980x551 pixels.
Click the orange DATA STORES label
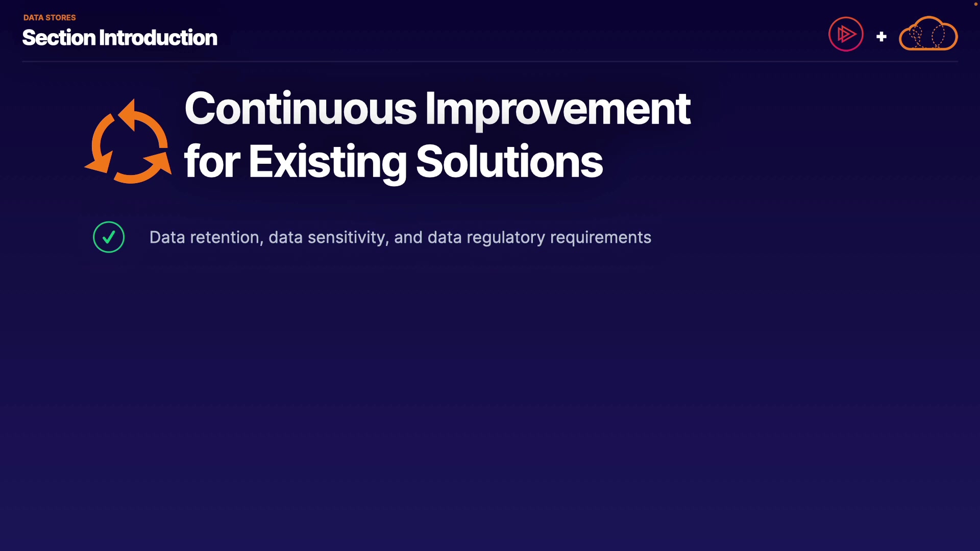pos(50,17)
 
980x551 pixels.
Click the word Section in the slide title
pos(59,38)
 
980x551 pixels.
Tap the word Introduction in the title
pos(158,38)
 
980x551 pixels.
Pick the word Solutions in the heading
pos(509,162)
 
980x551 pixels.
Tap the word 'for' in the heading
pos(212,162)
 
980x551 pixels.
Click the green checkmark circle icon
pos(109,237)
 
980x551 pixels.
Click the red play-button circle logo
pos(846,34)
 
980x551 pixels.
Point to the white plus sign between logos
pos(881,37)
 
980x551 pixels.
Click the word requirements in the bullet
pos(601,238)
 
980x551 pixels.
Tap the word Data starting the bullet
pos(167,237)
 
